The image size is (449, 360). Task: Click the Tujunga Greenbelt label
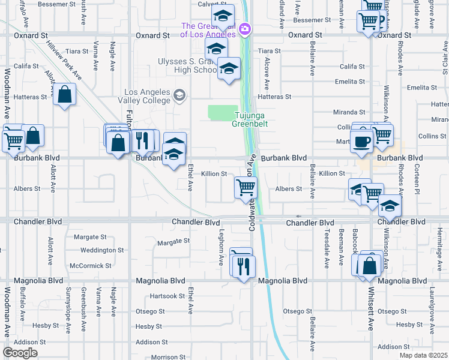pos(250,119)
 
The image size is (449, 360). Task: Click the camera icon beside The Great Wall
pos(244,28)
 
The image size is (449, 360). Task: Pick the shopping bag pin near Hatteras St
pos(64,95)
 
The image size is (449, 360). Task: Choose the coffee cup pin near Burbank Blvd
pos(363,142)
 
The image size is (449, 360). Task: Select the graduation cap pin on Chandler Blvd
pos(390,206)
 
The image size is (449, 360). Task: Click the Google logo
pos(20,352)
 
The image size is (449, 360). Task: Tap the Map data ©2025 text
pos(423,355)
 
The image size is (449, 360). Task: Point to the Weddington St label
pos(101,250)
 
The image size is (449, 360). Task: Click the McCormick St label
pos(91,265)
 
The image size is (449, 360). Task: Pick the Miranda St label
pos(349,112)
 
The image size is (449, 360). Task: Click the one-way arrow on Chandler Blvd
pos(298,216)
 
